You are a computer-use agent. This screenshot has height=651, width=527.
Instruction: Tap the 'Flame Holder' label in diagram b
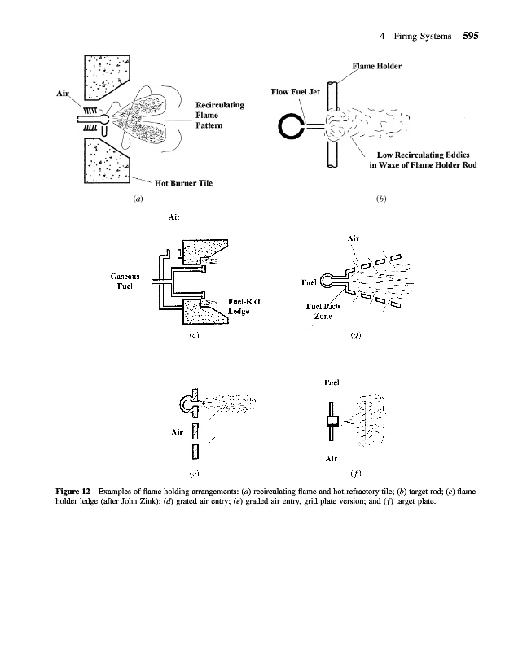coord(376,65)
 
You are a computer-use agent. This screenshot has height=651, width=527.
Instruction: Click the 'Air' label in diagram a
coord(62,94)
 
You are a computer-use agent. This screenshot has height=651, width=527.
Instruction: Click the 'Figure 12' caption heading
coord(72,492)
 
